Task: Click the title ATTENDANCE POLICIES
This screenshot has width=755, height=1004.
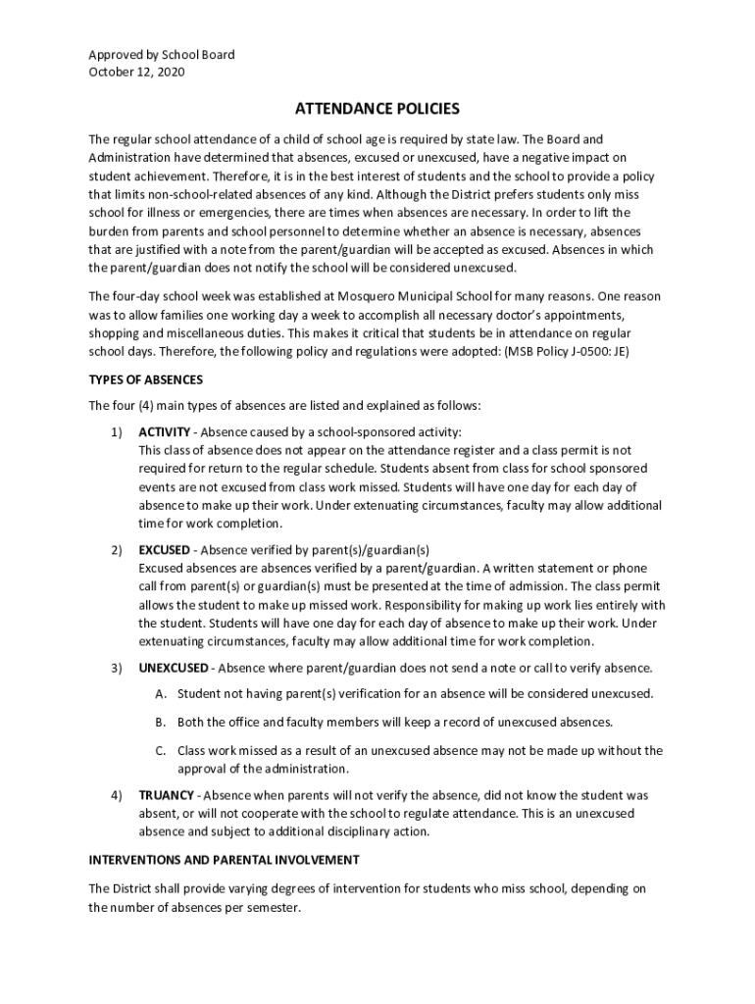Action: (x=377, y=109)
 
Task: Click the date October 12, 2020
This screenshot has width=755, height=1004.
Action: (x=136, y=72)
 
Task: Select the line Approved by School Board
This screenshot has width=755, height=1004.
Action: (x=162, y=55)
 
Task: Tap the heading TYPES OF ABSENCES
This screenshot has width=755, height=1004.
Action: (x=146, y=379)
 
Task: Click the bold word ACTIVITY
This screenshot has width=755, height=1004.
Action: (x=165, y=432)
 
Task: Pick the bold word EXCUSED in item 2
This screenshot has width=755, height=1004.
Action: (x=164, y=550)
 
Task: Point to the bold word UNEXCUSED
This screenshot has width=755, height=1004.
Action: (x=174, y=668)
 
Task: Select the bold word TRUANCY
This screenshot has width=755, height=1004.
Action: (x=166, y=795)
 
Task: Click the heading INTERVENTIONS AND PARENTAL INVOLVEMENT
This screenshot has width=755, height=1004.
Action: (x=224, y=860)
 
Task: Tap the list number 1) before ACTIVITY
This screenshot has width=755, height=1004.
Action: (x=116, y=432)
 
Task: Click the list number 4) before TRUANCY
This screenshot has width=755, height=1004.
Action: (x=116, y=795)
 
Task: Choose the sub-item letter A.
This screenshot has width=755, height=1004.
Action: (x=161, y=694)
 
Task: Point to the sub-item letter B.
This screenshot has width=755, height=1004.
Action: (x=161, y=723)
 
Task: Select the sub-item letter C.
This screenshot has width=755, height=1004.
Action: (x=161, y=751)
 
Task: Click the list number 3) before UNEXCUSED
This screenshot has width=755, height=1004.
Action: (x=116, y=668)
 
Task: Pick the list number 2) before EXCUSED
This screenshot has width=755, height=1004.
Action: (x=116, y=550)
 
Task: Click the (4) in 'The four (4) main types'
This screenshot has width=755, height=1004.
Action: (x=153, y=406)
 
